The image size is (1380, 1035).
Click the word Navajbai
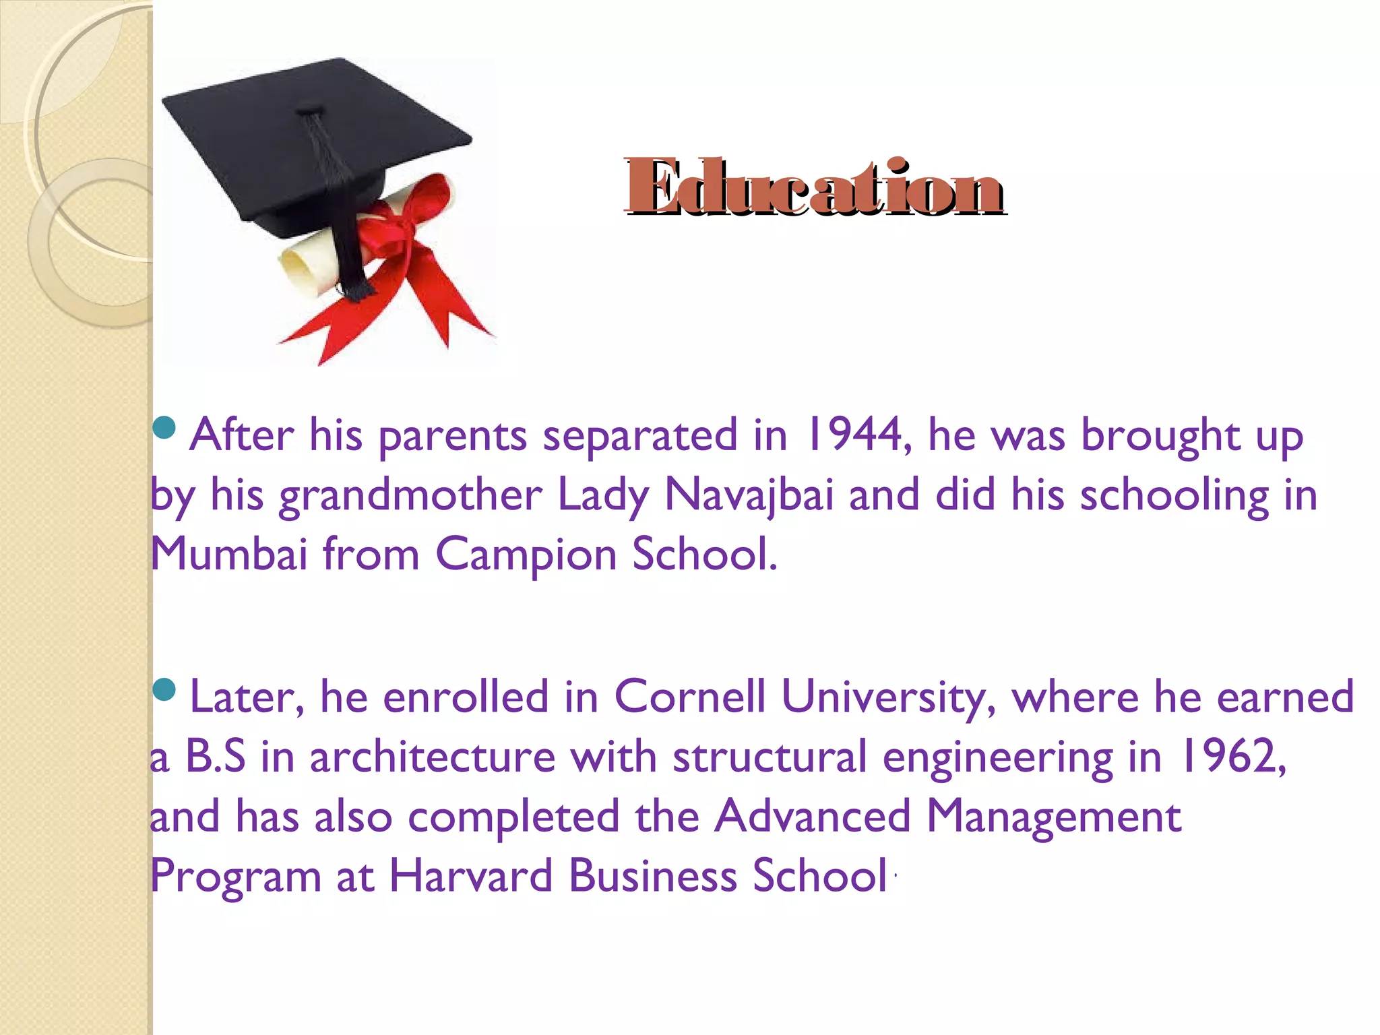[x=749, y=495]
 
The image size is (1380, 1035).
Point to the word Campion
[x=526, y=555]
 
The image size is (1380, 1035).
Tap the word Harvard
[x=471, y=876]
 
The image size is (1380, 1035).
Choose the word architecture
[x=432, y=756]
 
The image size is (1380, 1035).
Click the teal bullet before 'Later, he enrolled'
[x=164, y=689]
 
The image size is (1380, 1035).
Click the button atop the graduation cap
[x=310, y=109]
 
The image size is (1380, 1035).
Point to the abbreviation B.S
[x=215, y=756]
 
